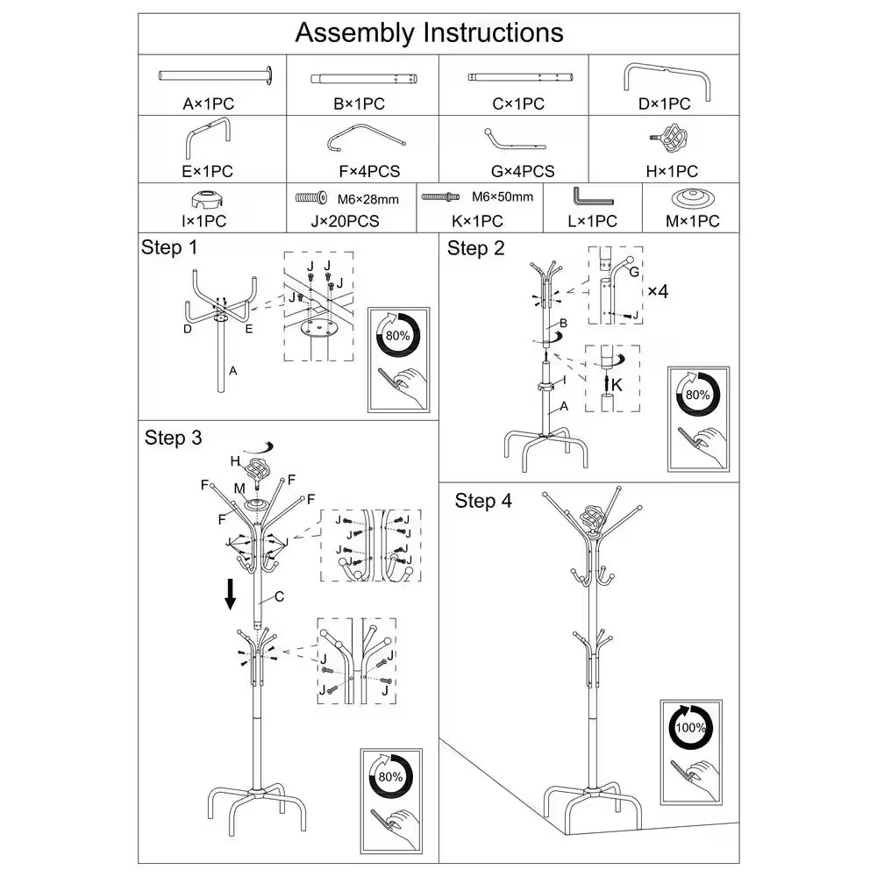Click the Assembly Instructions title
point(429,33)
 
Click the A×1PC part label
point(208,103)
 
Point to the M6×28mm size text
point(367,199)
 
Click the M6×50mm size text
point(502,196)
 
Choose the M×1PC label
point(692,221)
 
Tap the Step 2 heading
point(475,248)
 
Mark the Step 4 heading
point(483,501)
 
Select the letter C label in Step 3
point(279,597)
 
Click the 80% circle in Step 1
point(398,336)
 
